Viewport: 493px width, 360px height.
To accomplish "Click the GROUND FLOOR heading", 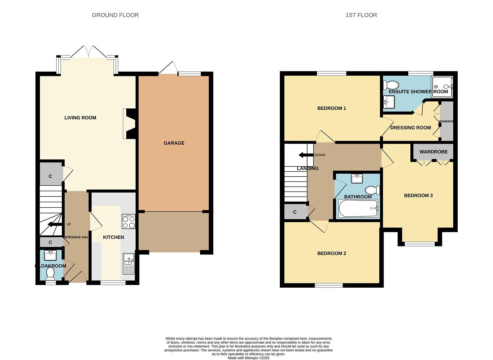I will point(115,15).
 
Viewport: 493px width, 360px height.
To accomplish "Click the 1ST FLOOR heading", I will point(361,15).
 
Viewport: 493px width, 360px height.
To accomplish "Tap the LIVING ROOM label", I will point(80,118).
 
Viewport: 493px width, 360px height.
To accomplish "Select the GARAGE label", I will point(174,143).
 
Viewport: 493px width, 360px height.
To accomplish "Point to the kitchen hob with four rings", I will point(129,222).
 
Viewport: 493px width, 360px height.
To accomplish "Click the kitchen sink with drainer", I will point(128,264).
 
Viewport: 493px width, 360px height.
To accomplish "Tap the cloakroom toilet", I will point(51,274).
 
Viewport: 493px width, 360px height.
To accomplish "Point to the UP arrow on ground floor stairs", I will point(54,224).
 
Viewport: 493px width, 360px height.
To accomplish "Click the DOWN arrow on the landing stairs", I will point(305,155).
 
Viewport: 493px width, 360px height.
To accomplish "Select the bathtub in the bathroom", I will point(358,209).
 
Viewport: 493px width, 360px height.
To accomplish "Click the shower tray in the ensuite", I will point(442,87).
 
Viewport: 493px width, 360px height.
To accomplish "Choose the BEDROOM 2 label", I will point(331,253).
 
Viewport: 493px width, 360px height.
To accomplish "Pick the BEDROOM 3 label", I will point(418,195).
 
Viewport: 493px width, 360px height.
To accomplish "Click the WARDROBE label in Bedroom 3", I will point(433,152).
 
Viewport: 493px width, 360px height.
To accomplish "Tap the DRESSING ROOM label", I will point(410,128).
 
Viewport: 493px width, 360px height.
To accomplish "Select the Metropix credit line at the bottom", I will point(248,358).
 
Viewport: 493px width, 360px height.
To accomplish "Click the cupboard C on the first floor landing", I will point(295,212).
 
